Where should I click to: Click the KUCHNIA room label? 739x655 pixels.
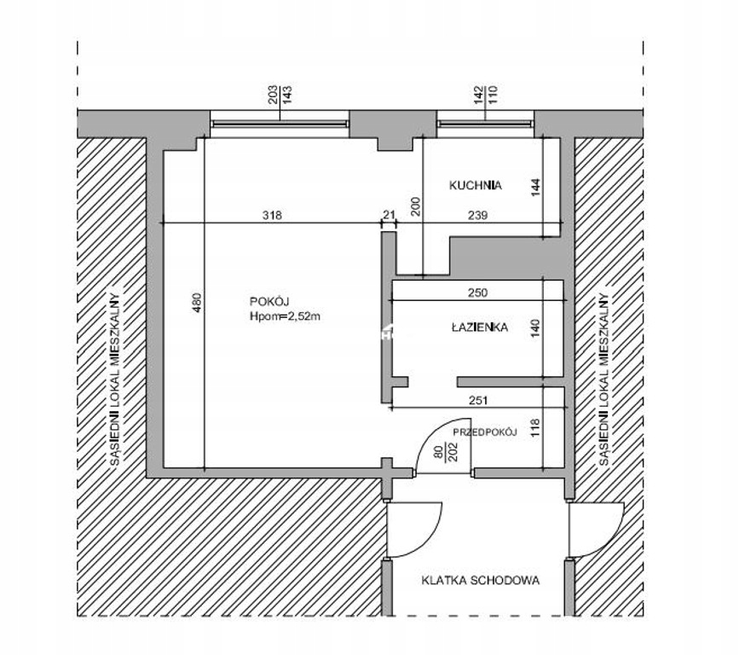pyautogui.click(x=475, y=185)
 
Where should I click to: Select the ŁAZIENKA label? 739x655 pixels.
pyautogui.click(x=480, y=327)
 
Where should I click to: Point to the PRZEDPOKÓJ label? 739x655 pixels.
pyautogui.click(x=485, y=432)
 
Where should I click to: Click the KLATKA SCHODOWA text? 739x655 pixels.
pyautogui.click(x=480, y=581)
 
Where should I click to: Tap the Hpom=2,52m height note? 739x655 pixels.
pyautogui.click(x=285, y=316)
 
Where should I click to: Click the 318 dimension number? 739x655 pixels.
pyautogui.click(x=272, y=216)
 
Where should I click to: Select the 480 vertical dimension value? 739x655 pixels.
pyautogui.click(x=197, y=303)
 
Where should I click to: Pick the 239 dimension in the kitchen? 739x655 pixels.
pyautogui.click(x=477, y=216)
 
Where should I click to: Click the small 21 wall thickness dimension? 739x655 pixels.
pyautogui.click(x=389, y=215)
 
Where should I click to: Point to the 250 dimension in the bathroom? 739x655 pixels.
pyautogui.click(x=477, y=293)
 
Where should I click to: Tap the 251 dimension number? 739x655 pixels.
pyautogui.click(x=478, y=401)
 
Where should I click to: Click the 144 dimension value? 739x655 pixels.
pyautogui.click(x=535, y=188)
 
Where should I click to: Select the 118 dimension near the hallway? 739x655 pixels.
pyautogui.click(x=535, y=427)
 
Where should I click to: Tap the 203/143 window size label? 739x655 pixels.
pyautogui.click(x=280, y=95)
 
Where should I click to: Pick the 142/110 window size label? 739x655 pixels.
pyautogui.click(x=486, y=95)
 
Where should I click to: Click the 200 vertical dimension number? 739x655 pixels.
pyautogui.click(x=416, y=206)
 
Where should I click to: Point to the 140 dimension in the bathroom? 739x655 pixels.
pyautogui.click(x=535, y=328)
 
